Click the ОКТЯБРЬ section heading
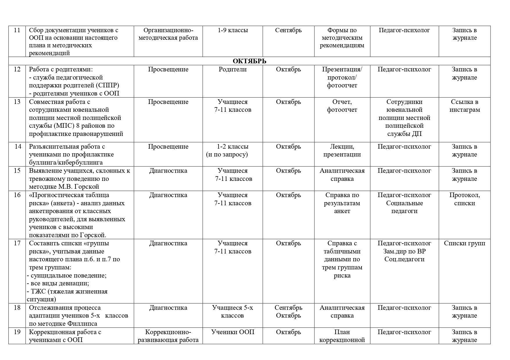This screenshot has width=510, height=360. coord(249,61)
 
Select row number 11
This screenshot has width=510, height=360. coord(17,30)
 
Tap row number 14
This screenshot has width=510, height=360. coord(18,147)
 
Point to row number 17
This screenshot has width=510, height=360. coord(17,243)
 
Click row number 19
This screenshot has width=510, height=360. coord(17,332)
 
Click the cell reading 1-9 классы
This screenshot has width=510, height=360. coord(232,30)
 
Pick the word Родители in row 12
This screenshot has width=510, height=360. coord(232,69)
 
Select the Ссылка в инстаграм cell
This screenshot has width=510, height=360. coord(464,106)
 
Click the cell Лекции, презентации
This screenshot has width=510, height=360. coord(342,150)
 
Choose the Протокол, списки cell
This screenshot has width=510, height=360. coord(464,199)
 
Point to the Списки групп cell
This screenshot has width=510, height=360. coord(464,243)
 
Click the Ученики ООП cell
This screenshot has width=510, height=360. coord(232,332)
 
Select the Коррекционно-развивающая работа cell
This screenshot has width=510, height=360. coord(168,336)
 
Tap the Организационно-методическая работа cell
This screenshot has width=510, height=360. coord(168,34)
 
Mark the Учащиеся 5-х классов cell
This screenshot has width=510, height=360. coord(232,312)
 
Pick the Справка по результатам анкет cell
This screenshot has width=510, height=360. coord(342,203)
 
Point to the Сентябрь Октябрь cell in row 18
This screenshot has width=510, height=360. coord(288,312)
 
